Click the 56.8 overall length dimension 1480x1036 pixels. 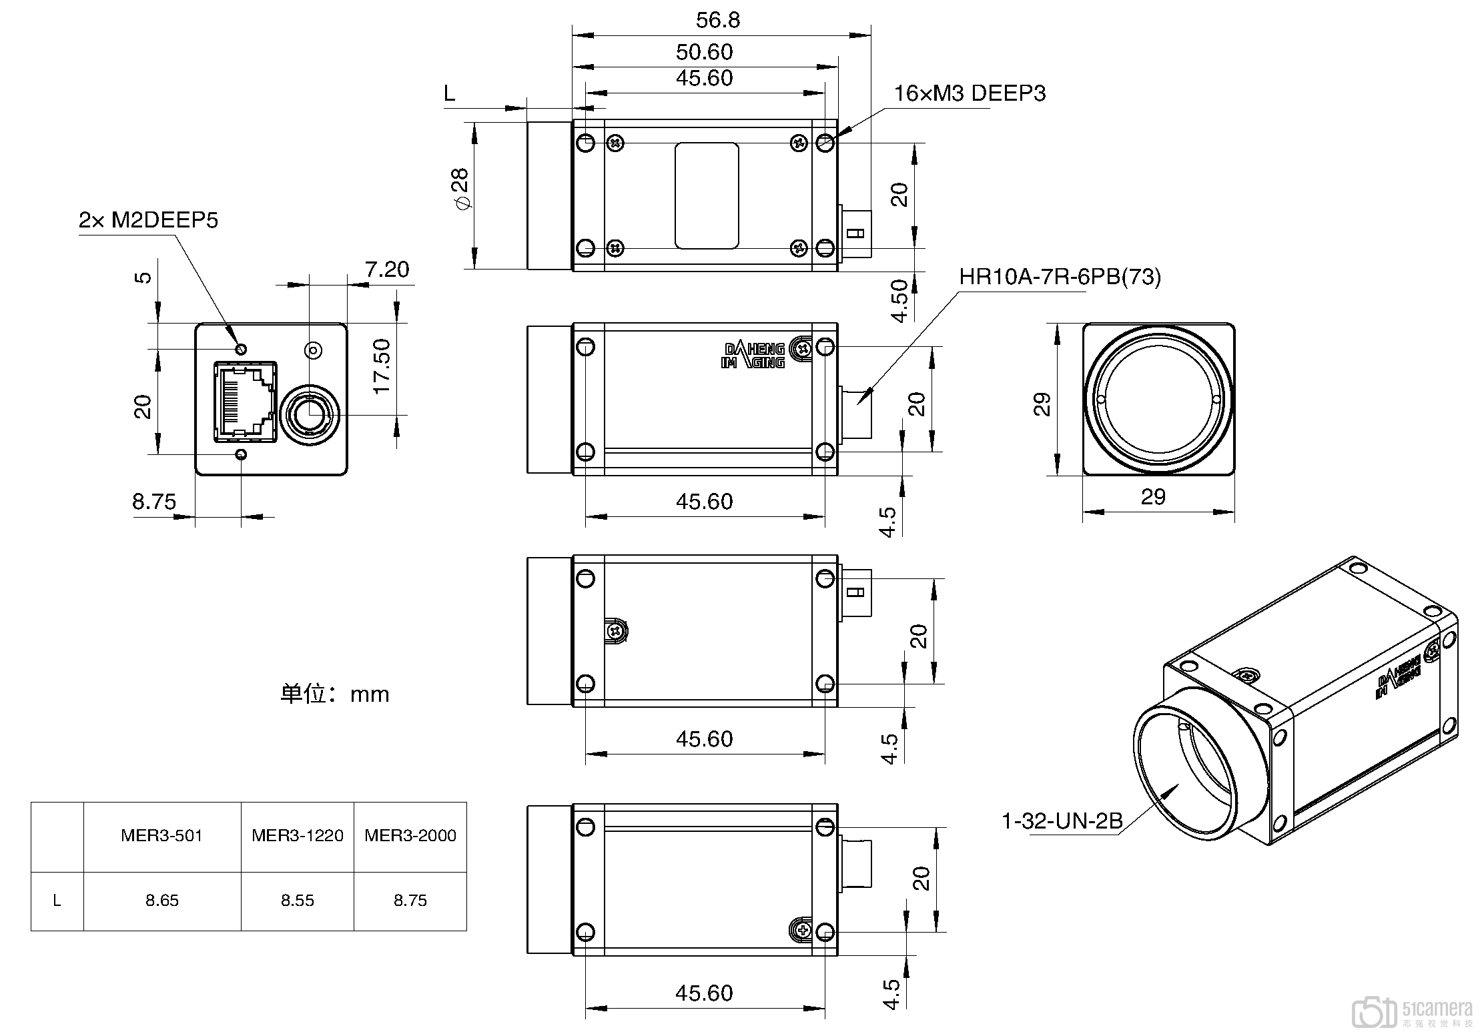718,20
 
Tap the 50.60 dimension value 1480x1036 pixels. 705,52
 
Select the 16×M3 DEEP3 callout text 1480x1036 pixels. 970,93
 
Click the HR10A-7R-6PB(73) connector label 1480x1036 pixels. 1060,276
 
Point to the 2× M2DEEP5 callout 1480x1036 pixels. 148,220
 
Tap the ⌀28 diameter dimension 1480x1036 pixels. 460,189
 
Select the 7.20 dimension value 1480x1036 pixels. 387,270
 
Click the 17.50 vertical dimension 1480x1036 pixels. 382,366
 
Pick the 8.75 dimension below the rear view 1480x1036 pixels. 154,501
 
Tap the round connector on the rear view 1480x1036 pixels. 310,415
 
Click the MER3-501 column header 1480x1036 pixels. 161,836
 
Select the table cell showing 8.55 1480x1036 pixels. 297,901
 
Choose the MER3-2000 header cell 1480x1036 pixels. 410,836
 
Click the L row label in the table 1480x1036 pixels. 57,901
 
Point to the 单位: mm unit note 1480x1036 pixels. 334,694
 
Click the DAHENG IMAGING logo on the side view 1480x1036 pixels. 755,356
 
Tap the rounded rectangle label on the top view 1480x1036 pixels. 706,195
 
